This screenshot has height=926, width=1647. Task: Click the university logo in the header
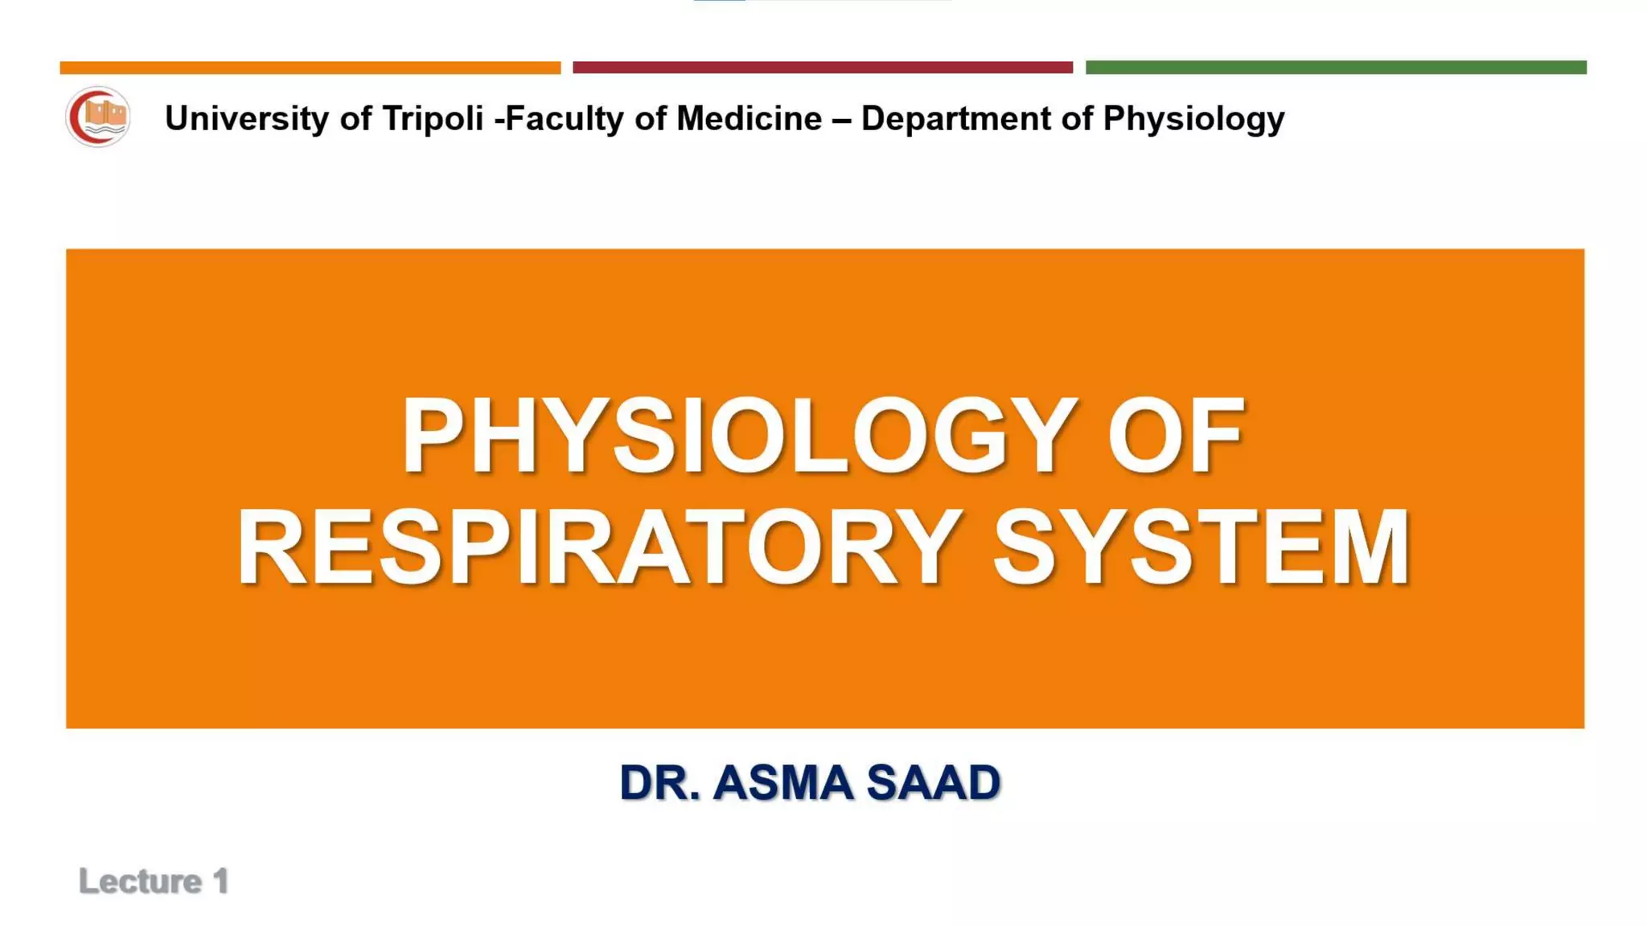click(x=97, y=117)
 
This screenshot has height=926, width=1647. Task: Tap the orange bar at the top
click(x=310, y=68)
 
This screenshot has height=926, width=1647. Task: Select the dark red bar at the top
click(x=822, y=68)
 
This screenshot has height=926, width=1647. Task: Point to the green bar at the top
click(x=1336, y=68)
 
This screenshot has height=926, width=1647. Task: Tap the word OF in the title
click(x=1176, y=436)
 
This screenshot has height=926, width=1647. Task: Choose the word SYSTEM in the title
click(x=1201, y=548)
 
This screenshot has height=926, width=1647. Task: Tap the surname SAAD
click(x=934, y=783)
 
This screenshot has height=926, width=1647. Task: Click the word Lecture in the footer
click(x=141, y=882)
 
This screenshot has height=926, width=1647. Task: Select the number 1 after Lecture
click(x=220, y=882)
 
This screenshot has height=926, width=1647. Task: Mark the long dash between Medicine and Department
click(x=841, y=119)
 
